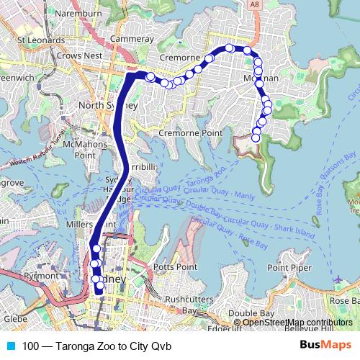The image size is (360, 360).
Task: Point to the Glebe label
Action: click(15, 318)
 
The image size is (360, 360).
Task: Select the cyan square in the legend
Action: click(9, 346)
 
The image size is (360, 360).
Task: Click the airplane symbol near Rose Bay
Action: click(339, 279)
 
